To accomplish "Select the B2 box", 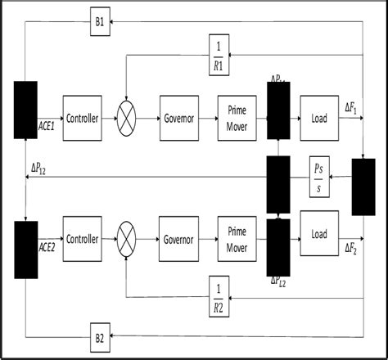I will (99, 336).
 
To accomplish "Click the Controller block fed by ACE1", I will (82, 119).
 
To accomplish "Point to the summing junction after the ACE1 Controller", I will (126, 119).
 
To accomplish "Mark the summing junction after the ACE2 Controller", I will (126, 239).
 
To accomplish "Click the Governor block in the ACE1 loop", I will (180, 119).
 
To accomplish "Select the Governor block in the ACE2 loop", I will (178, 239).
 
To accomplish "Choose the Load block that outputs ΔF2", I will (319, 234).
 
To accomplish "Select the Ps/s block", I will (320, 177).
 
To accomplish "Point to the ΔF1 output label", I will (351, 107).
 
